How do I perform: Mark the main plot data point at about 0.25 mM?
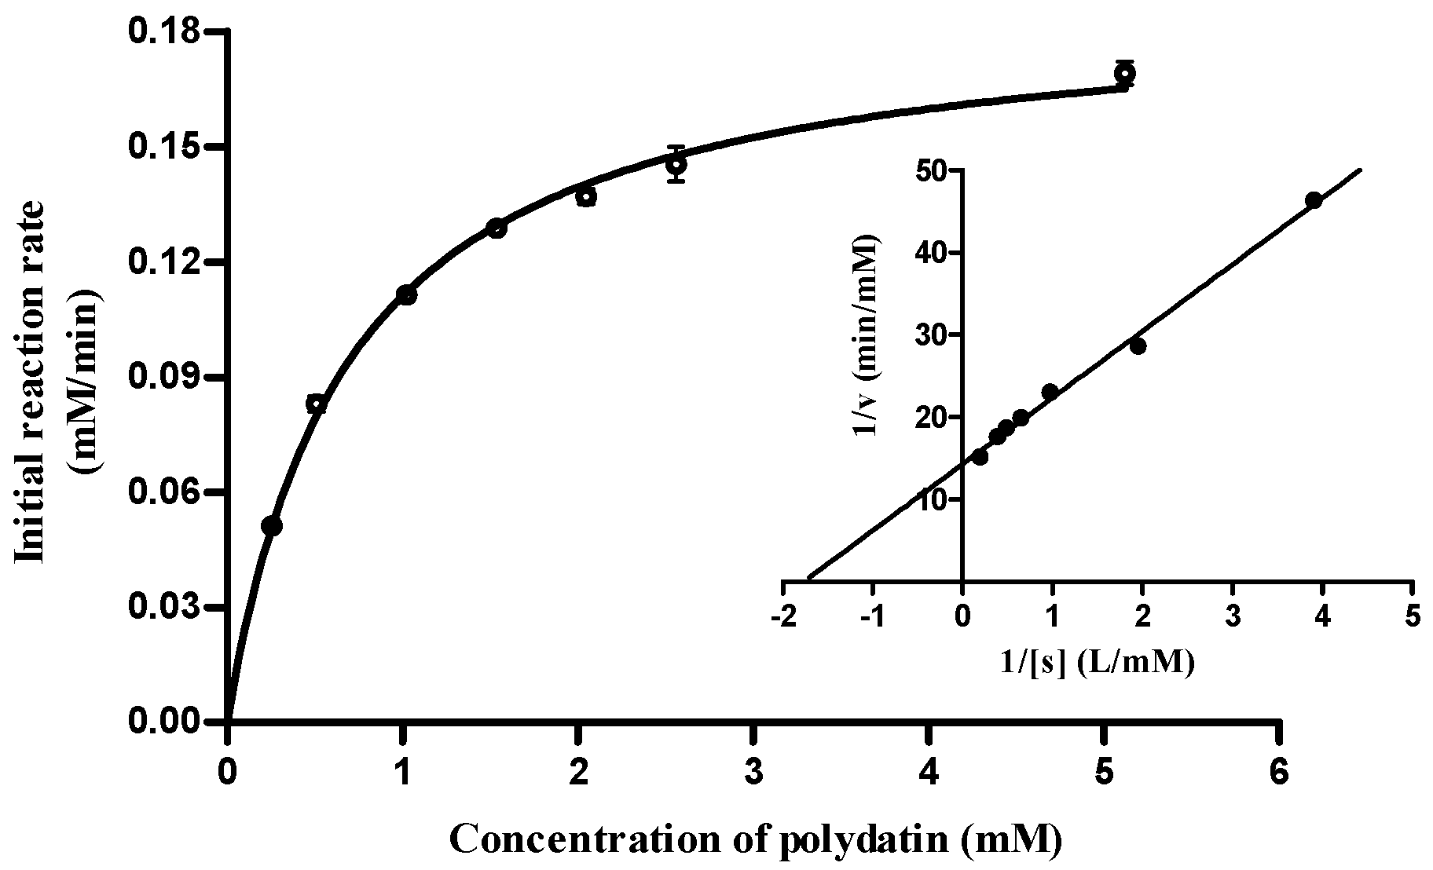click(271, 525)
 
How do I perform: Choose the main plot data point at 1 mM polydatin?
click(406, 295)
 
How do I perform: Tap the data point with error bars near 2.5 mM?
click(676, 164)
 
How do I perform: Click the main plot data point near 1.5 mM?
click(497, 228)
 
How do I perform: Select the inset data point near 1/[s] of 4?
click(1313, 200)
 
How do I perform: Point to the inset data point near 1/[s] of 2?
click(1138, 345)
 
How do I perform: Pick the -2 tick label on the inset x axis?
click(782, 616)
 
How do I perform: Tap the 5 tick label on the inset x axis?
click(1413, 616)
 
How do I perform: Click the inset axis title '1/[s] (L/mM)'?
click(1098, 663)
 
